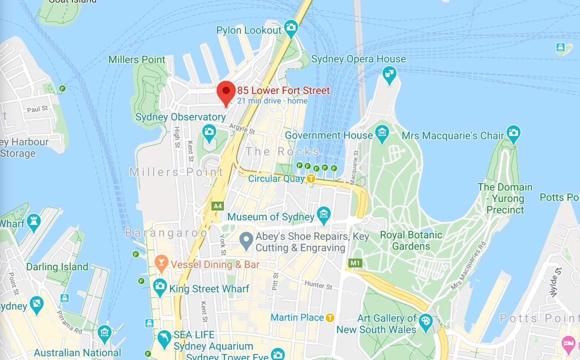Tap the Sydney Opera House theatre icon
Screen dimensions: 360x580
click(x=389, y=73)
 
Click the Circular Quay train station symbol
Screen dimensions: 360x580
click(x=311, y=179)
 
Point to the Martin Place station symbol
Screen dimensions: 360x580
click(x=330, y=318)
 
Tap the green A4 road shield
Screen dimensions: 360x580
click(x=218, y=206)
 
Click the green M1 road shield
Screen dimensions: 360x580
click(x=355, y=262)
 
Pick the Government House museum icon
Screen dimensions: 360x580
click(x=382, y=133)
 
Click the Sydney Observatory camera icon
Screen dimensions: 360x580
click(x=209, y=132)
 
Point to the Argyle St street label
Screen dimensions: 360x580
click(x=242, y=129)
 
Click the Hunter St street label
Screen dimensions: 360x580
click(x=318, y=285)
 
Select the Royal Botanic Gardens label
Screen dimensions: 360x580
click(x=411, y=240)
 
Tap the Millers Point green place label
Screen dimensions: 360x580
click(x=137, y=59)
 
